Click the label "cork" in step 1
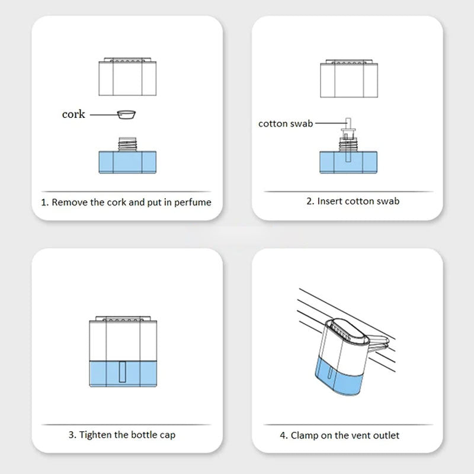(73, 114)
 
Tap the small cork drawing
(126, 114)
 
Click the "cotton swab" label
(286, 124)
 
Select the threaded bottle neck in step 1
(127, 144)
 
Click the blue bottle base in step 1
(127, 162)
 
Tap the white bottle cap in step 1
(127, 77)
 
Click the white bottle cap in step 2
(349, 79)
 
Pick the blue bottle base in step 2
(348, 162)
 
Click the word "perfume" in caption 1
(193, 202)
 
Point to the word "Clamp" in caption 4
(304, 435)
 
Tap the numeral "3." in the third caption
(72, 435)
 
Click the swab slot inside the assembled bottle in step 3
(123, 372)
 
